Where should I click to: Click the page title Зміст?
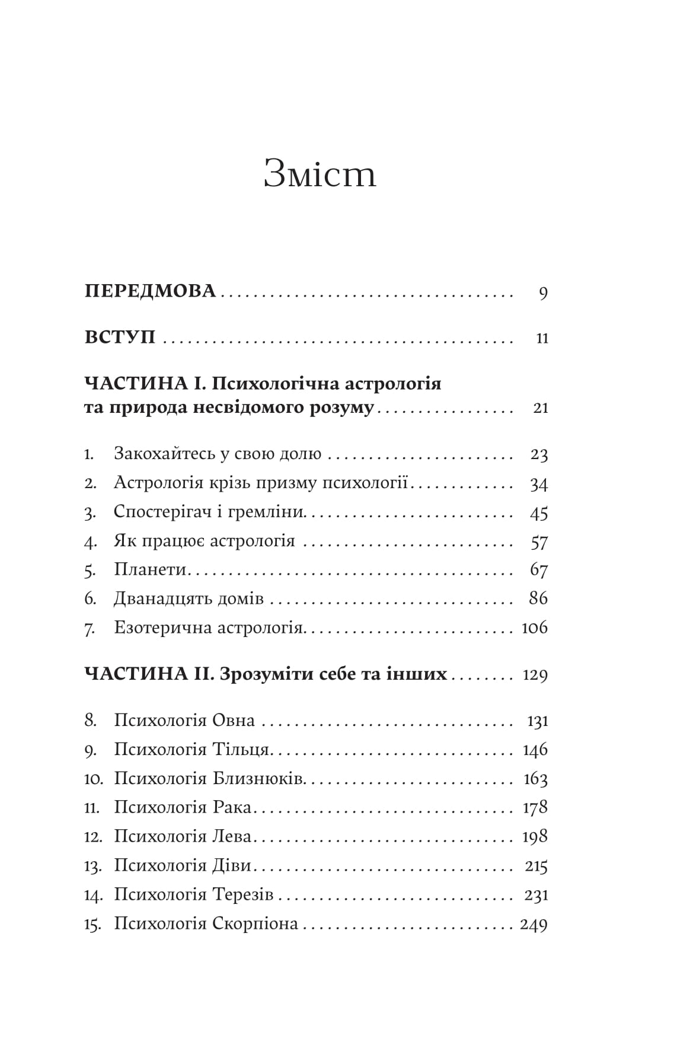(x=320, y=174)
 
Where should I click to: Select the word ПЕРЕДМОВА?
(x=150, y=291)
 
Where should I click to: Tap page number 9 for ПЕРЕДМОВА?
(x=543, y=293)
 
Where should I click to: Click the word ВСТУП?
(x=120, y=337)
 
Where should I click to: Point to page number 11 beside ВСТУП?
(x=542, y=339)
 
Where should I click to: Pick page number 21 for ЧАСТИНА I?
(x=541, y=408)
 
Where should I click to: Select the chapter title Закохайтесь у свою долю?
(x=218, y=454)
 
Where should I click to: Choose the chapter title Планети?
(x=151, y=570)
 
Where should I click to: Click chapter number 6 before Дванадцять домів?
(x=90, y=599)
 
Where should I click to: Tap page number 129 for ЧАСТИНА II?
(x=535, y=676)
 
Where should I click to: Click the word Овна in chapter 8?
(x=234, y=721)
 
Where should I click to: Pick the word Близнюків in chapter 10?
(x=258, y=779)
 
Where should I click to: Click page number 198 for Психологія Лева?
(x=535, y=837)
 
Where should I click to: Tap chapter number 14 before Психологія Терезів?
(x=93, y=895)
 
